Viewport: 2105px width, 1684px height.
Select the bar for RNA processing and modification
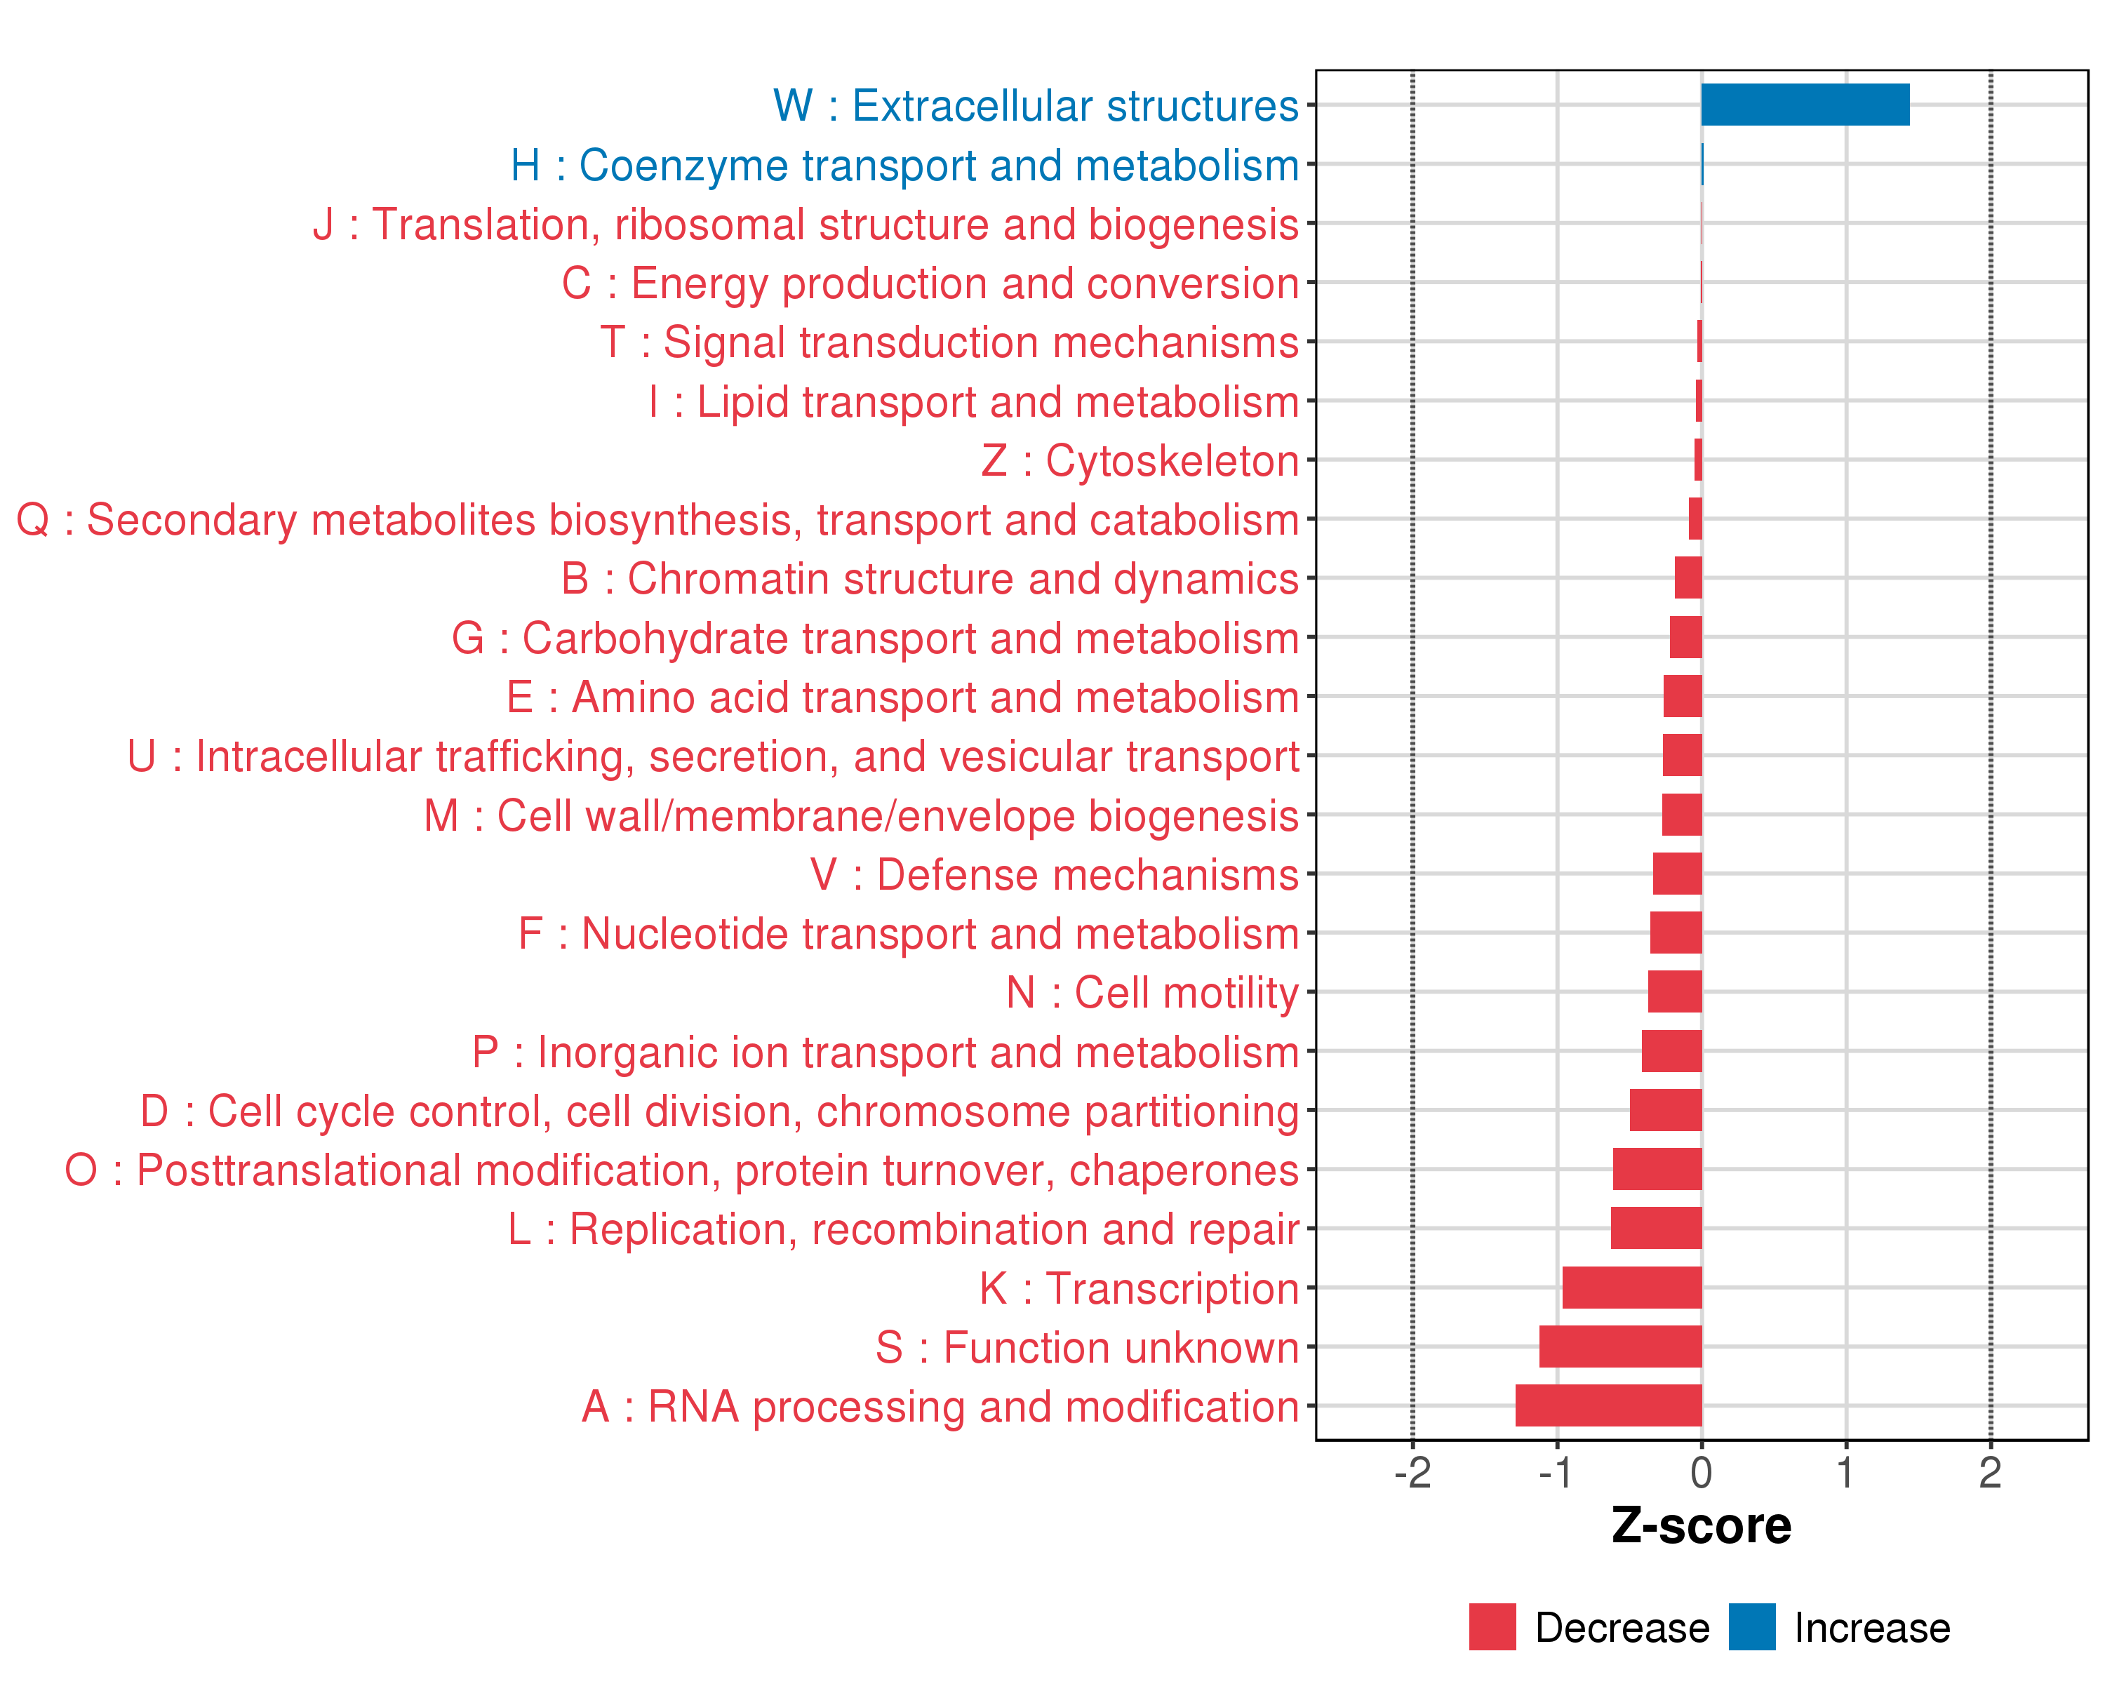click(x=1608, y=1405)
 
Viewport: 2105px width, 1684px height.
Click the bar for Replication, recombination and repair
click(x=1656, y=1228)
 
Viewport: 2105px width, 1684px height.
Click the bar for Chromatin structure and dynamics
click(x=1688, y=578)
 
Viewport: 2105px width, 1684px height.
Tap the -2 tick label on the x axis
click(x=1412, y=1473)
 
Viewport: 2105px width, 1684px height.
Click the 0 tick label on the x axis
click(x=1701, y=1473)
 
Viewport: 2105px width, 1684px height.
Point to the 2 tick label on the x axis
click(x=1990, y=1473)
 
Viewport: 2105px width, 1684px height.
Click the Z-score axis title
click(x=1701, y=1526)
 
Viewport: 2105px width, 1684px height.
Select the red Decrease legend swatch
click(x=1492, y=1627)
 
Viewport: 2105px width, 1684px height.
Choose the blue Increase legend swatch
click(x=1751, y=1627)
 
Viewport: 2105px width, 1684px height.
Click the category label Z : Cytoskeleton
click(x=1140, y=461)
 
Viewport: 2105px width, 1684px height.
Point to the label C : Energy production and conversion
click(x=930, y=283)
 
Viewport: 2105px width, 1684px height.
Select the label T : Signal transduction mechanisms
click(x=949, y=342)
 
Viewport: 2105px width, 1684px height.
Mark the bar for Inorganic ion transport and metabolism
click(x=1671, y=1051)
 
